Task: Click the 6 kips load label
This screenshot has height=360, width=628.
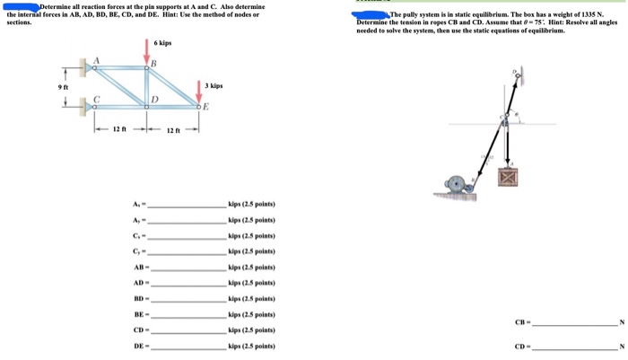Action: pos(162,43)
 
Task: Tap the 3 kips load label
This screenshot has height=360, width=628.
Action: pos(214,85)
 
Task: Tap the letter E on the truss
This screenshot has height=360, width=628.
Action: pos(206,106)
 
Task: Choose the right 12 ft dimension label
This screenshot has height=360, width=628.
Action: pos(173,130)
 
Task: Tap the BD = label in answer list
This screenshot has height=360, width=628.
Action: pos(139,299)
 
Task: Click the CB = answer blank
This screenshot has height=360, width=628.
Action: pos(574,323)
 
